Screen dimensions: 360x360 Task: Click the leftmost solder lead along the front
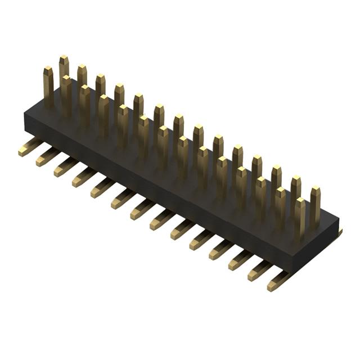tap(29, 148)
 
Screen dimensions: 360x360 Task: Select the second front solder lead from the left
tap(48, 157)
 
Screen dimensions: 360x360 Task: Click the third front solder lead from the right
tap(240, 260)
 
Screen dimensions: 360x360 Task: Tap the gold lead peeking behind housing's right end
tap(340, 232)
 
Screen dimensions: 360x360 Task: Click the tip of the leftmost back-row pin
tap(64, 58)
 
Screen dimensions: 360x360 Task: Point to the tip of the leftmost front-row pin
tap(48, 70)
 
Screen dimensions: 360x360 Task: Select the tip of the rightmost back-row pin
tap(315, 190)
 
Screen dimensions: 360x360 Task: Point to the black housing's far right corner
tap(339, 219)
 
